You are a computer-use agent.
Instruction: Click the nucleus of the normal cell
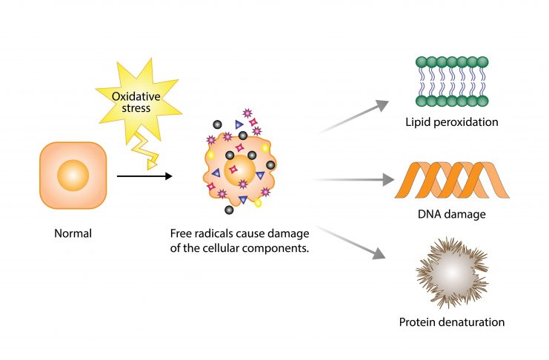pos(73,176)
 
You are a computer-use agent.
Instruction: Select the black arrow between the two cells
pos(144,176)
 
